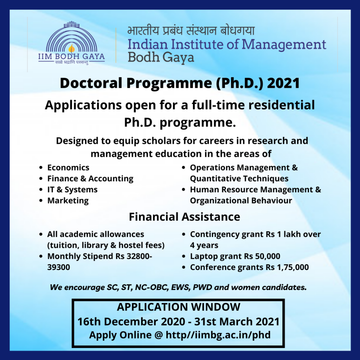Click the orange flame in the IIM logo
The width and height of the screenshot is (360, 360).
point(72,49)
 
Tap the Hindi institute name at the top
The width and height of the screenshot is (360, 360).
point(191,30)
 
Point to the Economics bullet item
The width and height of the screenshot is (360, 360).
point(68,168)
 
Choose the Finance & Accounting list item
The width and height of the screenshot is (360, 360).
point(90,179)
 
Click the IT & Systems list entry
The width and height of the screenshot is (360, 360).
point(72,189)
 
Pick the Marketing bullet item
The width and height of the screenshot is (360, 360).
point(68,201)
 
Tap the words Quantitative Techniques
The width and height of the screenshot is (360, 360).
point(239,179)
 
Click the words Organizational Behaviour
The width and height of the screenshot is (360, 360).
point(241,201)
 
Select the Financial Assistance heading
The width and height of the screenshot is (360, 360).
point(184,217)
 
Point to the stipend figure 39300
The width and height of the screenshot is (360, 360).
point(59,267)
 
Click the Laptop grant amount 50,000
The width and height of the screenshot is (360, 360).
point(268,256)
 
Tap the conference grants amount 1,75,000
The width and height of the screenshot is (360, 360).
point(293,267)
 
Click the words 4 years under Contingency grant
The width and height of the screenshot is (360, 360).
point(204,245)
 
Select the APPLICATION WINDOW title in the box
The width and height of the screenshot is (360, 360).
point(178,307)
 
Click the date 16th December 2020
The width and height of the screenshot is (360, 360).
point(131,322)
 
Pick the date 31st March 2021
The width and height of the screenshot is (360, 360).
point(237,322)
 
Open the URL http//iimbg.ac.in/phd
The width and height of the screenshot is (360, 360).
point(218,335)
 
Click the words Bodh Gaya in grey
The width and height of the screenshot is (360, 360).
point(161,57)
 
